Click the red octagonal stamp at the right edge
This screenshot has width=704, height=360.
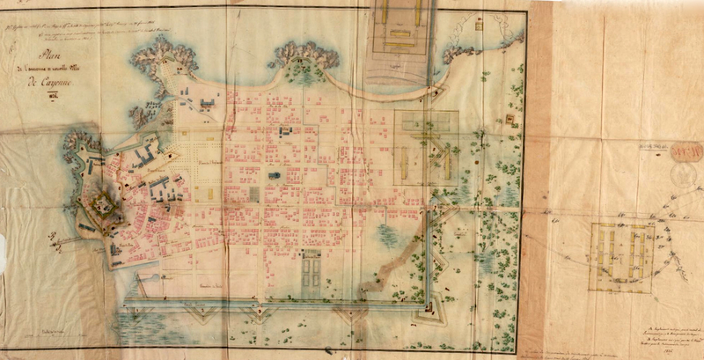pos(686,152)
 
